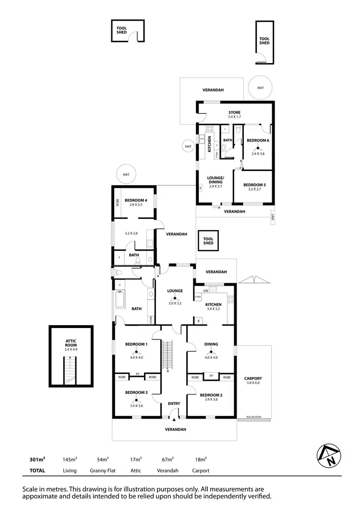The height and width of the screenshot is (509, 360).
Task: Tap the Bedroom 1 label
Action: click(136, 344)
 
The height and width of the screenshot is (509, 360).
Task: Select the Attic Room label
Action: click(71, 343)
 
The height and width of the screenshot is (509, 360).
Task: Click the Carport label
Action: click(253, 378)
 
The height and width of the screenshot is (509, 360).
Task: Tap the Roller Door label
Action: click(252, 416)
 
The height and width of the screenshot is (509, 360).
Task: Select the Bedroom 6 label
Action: click(258, 140)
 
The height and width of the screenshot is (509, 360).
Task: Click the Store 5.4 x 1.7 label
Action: click(234, 113)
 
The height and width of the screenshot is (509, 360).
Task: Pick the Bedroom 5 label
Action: click(254, 185)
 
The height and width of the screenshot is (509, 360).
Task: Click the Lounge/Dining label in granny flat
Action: click(215, 180)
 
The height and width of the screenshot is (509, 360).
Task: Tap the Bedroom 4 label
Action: click(136, 200)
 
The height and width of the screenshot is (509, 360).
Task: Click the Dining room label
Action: click(211, 344)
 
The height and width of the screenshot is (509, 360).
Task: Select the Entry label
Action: click(174, 403)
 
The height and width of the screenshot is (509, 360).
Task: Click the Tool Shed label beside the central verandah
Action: click(208, 241)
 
